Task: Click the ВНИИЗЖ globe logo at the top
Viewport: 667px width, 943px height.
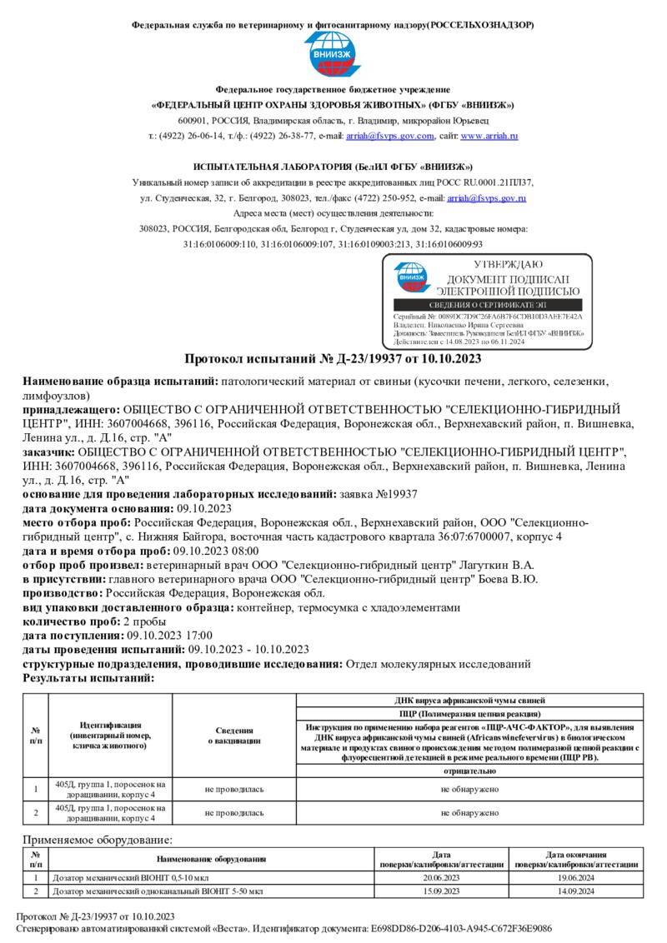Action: coord(332,53)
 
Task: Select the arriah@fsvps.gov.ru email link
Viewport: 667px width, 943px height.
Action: coord(487,198)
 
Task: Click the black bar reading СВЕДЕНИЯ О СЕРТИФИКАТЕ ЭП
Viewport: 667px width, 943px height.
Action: coord(486,306)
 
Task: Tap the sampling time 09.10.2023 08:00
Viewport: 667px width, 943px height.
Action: coord(216,551)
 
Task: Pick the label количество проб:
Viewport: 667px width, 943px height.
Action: coord(71,622)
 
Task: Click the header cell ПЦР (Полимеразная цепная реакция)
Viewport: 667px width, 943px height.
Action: coord(469,715)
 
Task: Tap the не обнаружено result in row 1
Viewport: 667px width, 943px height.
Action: coord(469,788)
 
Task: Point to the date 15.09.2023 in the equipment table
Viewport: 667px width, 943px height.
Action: coord(442,891)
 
